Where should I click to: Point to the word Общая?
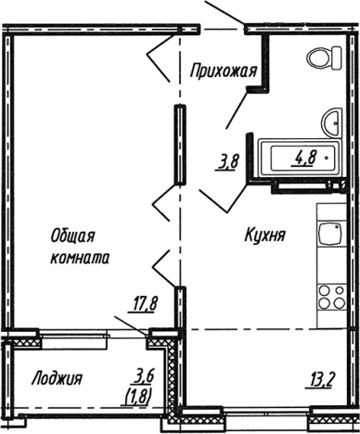click(71, 238)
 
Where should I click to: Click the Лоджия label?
click(57, 378)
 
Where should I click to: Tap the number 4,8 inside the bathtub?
click(302, 156)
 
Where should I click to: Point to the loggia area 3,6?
click(142, 376)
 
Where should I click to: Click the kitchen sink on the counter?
click(330, 236)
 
